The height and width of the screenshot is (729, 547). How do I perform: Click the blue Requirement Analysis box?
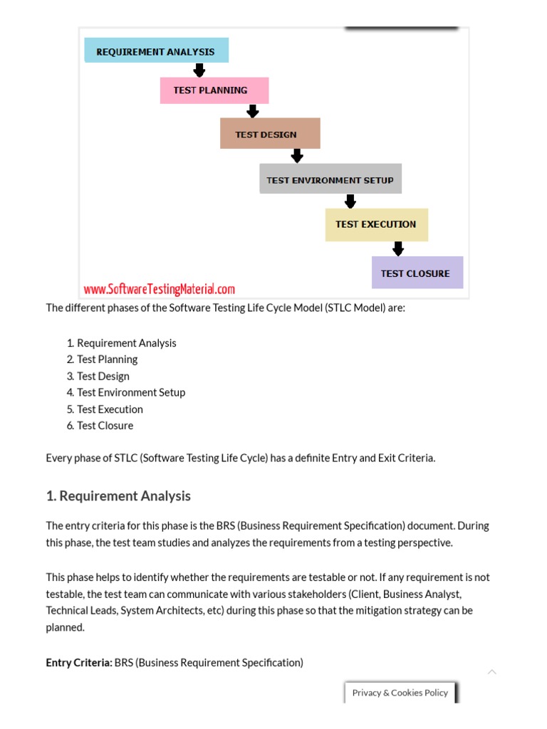pyautogui.click(x=156, y=51)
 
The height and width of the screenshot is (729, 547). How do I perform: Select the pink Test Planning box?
pyautogui.click(x=214, y=90)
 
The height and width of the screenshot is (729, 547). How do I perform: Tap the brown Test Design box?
pyautogui.click(x=270, y=134)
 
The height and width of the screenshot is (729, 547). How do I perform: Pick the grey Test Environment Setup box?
pyautogui.click(x=330, y=179)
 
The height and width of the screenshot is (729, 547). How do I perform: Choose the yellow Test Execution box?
pyautogui.click(x=376, y=224)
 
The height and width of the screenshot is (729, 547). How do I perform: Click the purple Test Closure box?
pyautogui.click(x=417, y=273)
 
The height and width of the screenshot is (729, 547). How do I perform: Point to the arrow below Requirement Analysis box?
pyautogui.click(x=199, y=70)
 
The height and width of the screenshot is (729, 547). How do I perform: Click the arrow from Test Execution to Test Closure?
pyautogui.click(x=398, y=248)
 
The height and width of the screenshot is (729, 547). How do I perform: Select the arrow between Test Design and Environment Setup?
pyautogui.click(x=297, y=155)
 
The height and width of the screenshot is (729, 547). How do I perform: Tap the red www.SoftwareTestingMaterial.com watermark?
pyautogui.click(x=159, y=289)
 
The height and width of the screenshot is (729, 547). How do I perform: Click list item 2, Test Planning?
pyautogui.click(x=107, y=360)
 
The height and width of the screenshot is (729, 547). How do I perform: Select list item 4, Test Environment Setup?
pyautogui.click(x=130, y=392)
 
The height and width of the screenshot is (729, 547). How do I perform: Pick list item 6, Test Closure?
pyautogui.click(x=105, y=426)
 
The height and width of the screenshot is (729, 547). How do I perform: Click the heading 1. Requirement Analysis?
pyautogui.click(x=118, y=495)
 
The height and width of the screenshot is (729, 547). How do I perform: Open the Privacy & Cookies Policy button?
pyautogui.click(x=400, y=692)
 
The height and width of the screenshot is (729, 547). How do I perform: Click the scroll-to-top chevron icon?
pyautogui.click(x=491, y=672)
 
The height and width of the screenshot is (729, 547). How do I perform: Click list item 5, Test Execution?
pyautogui.click(x=110, y=409)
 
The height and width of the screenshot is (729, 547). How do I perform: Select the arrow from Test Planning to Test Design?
pyautogui.click(x=252, y=111)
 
